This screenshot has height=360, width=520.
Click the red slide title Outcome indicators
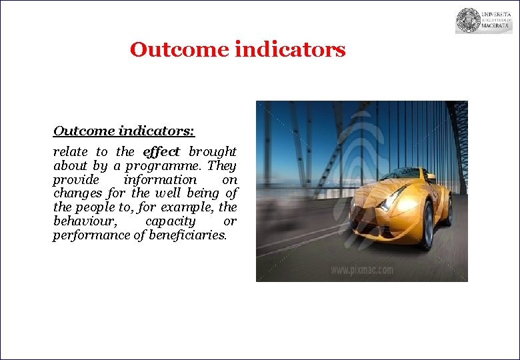click(x=237, y=50)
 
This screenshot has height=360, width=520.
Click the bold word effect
click(x=161, y=152)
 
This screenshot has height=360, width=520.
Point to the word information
click(x=160, y=180)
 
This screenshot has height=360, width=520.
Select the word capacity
click(x=170, y=221)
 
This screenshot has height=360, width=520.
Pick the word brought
click(x=212, y=152)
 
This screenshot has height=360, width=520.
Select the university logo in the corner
click(x=483, y=21)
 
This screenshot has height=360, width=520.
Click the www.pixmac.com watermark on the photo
click(x=362, y=270)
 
